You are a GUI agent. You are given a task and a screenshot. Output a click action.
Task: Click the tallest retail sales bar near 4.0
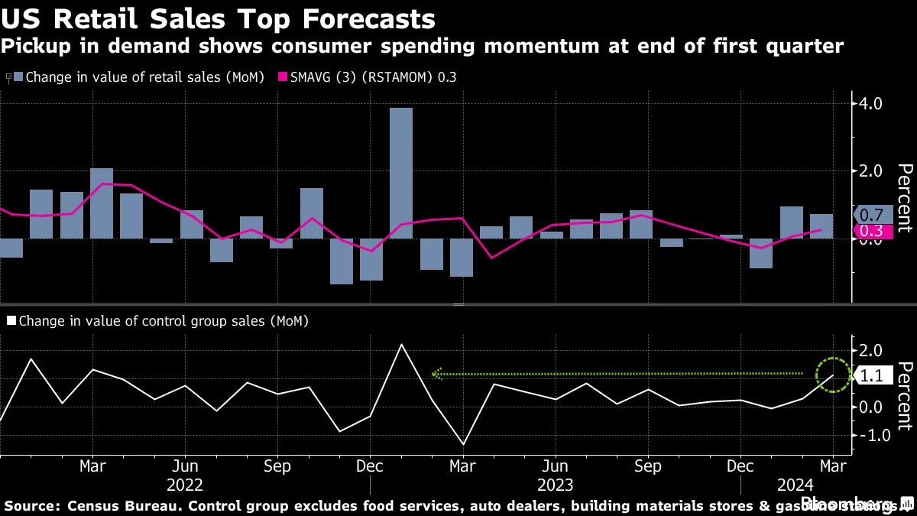tap(401, 172)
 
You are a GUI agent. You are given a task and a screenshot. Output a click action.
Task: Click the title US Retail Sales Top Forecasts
tap(219, 18)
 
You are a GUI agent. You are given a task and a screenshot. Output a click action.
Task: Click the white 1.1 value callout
tap(872, 376)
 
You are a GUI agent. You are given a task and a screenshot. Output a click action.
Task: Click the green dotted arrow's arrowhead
tap(436, 374)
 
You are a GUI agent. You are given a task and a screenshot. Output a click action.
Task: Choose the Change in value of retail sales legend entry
tap(138, 77)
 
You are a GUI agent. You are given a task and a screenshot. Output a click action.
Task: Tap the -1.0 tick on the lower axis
tap(870, 435)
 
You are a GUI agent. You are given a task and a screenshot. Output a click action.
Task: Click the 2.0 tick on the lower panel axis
tap(872, 351)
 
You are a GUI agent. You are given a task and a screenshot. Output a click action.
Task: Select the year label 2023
tap(555, 485)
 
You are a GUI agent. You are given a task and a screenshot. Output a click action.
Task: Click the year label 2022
tap(184, 485)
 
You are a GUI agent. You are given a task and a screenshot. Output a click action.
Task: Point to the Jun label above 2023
tap(555, 466)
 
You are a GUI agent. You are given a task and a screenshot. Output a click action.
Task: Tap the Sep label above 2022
tap(277, 466)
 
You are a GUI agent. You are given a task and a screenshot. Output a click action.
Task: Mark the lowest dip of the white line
tap(463, 444)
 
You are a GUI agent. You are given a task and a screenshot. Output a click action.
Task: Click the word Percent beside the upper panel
tap(904, 197)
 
